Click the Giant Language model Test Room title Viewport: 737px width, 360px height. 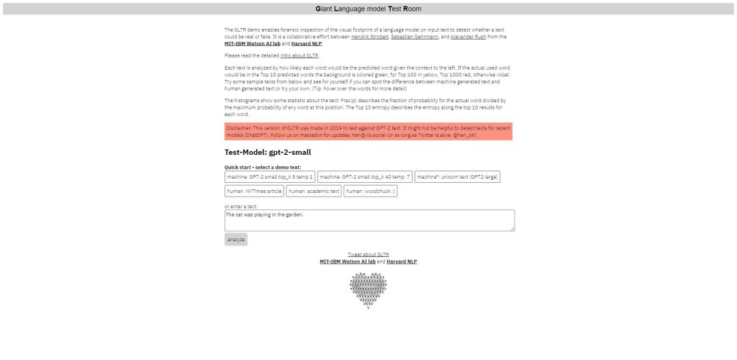(368, 9)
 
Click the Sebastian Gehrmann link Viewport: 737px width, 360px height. (414, 36)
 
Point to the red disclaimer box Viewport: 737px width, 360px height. (368, 131)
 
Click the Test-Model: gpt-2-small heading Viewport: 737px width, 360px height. (268, 152)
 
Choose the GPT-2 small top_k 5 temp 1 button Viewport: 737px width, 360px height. (270, 176)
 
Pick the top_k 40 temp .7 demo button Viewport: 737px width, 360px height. (365, 176)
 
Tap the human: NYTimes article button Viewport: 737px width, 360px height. (254, 192)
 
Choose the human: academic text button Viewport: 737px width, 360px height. (314, 192)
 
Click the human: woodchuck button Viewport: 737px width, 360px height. (370, 192)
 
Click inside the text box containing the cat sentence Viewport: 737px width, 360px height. (369, 220)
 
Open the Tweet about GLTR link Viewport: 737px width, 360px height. (368, 254)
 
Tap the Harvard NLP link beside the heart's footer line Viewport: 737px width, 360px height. (402, 261)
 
